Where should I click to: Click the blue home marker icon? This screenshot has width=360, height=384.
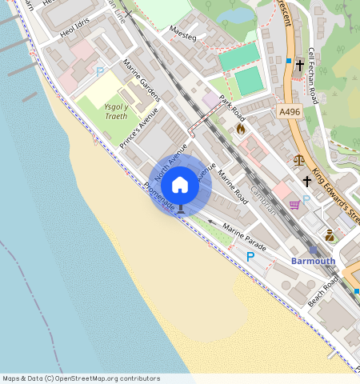[180, 186]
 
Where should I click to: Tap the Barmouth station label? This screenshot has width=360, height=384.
[313, 261]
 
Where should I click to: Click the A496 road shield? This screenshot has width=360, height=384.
[290, 113]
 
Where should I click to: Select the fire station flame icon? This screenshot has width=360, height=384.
[240, 128]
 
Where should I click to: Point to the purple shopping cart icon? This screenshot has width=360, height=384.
[294, 204]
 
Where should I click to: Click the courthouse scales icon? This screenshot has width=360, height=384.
[298, 160]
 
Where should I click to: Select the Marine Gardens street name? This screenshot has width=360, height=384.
[142, 80]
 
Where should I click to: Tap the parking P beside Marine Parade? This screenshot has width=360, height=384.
[250, 257]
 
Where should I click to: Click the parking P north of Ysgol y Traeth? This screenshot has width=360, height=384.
[100, 72]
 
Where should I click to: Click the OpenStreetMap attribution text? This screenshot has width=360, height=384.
[81, 378]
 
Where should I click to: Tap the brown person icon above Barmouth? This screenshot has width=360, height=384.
[329, 235]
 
